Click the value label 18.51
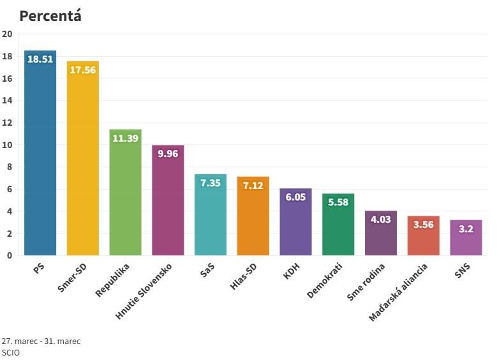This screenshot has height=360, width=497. pos(40,59)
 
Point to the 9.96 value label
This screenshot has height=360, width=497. pos(168,154)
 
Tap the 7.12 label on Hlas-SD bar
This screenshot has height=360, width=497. pos(253,185)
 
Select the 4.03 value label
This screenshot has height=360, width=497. pos(380,220)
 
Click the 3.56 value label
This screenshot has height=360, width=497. pos(423,225)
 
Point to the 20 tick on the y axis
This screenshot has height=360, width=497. pos(7,34)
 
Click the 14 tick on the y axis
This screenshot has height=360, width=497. pos(7,101)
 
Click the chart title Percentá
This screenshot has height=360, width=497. pos(50,16)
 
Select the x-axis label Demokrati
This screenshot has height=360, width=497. pos(325,280)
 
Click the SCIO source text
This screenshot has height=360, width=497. pos(11,352)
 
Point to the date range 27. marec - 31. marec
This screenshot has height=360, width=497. pos(41,341)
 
